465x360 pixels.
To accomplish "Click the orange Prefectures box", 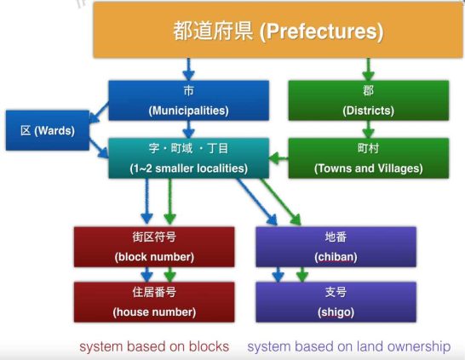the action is (278, 30).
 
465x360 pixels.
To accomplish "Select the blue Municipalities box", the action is (188, 100).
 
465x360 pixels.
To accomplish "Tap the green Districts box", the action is (369, 100).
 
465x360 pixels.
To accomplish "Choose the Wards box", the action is (48, 130).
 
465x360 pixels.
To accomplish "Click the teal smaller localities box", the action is (188, 158).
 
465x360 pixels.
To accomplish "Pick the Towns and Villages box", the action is (369, 158).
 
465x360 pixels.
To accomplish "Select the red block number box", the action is (154, 247).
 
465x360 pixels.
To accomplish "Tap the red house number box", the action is (154, 302).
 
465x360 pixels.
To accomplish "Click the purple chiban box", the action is (336, 247).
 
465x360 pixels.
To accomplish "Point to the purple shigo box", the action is (336, 302).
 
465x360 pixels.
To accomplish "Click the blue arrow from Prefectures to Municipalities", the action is (188, 69).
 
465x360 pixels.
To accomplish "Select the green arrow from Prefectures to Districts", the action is (368, 69).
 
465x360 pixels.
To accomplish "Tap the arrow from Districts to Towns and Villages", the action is (368, 129).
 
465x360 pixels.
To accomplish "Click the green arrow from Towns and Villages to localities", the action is (278, 158).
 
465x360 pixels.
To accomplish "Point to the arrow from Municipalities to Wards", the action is (99, 113).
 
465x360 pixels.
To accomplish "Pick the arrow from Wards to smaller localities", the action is (99, 148).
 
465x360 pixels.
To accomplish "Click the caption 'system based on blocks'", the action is (154, 346).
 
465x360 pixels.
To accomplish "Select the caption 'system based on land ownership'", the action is (349, 346).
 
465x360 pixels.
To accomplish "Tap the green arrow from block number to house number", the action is (170, 275).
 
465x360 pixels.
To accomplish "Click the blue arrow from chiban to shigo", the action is (278, 275).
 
